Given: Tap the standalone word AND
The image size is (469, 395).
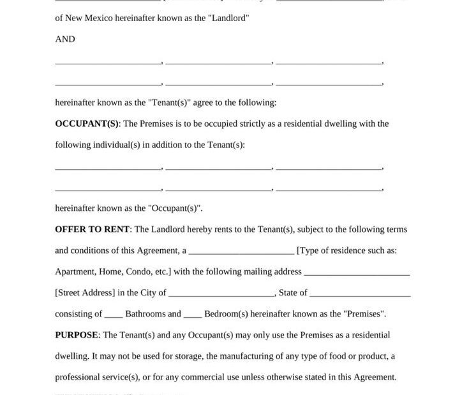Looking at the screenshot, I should (x=65, y=39).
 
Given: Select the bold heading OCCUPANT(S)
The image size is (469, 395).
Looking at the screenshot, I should (x=87, y=124).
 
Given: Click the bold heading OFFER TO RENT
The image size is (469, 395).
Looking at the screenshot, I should (x=92, y=229).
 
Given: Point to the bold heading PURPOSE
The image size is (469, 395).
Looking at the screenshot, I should (x=77, y=334).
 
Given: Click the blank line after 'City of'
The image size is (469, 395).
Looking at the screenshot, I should (x=221, y=294).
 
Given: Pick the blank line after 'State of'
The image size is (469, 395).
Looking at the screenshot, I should (x=360, y=294).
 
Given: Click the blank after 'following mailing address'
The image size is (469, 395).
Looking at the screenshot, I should (x=357, y=273).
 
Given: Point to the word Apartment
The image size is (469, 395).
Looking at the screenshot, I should (x=75, y=271).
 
